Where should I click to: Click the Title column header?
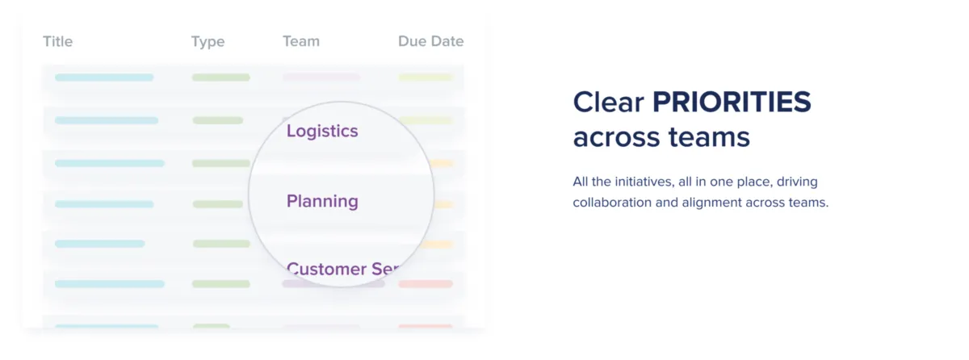pos(57,41)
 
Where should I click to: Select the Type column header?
pos(208,42)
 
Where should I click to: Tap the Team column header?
pos(301,41)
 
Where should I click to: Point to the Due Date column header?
pos(431,41)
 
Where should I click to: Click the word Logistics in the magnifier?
pos(322,132)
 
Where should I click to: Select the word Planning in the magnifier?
pos(322,202)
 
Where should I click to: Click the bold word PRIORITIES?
pos(732,102)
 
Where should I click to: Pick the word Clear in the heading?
pos(609,102)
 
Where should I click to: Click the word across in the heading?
pos(616,137)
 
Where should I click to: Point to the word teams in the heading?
pos(709,137)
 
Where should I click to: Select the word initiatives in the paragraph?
pos(645,182)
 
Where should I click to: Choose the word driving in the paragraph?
pos(797,182)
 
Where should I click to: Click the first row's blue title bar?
pos(104,77)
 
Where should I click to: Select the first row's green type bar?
pos(221,77)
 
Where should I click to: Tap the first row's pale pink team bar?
pos(321,77)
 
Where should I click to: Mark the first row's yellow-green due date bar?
pos(426,77)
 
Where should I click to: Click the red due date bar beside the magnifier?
pos(426,284)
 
